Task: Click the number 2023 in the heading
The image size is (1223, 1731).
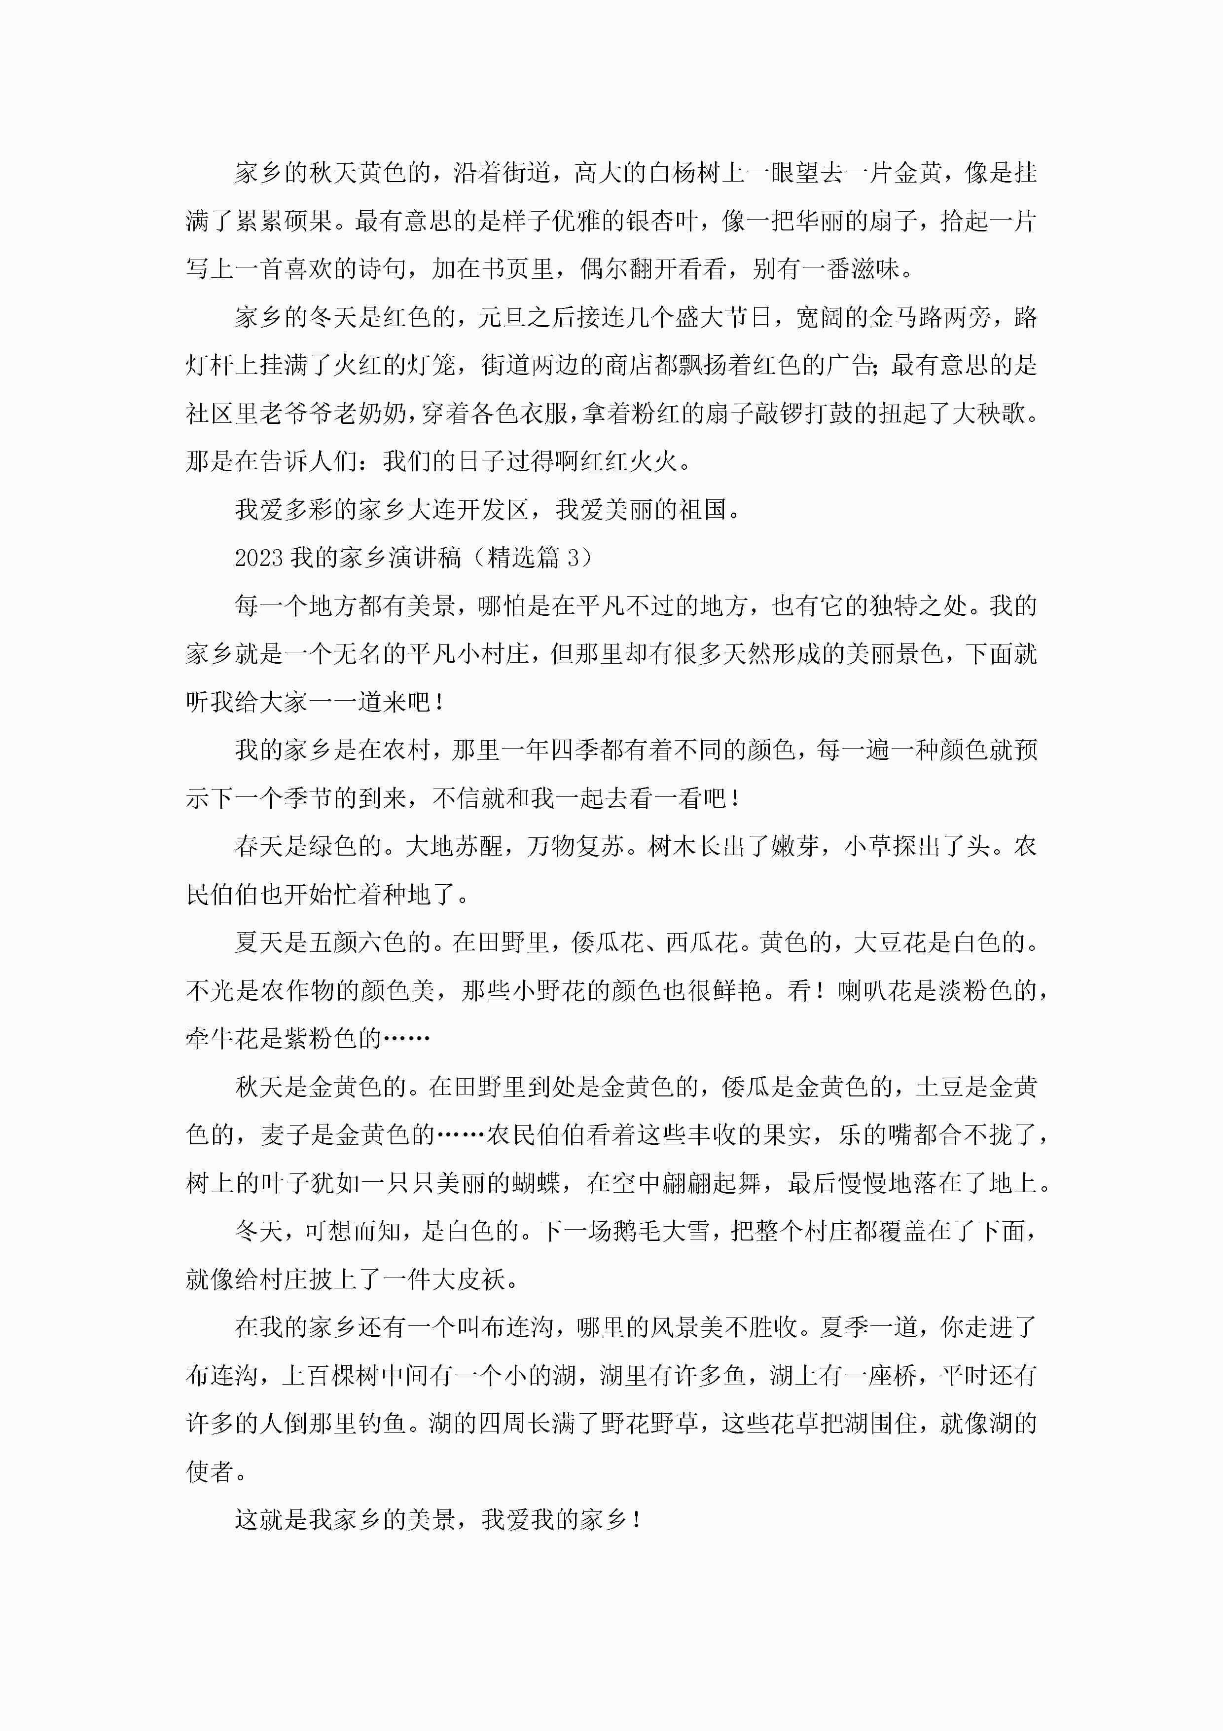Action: coord(258,558)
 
